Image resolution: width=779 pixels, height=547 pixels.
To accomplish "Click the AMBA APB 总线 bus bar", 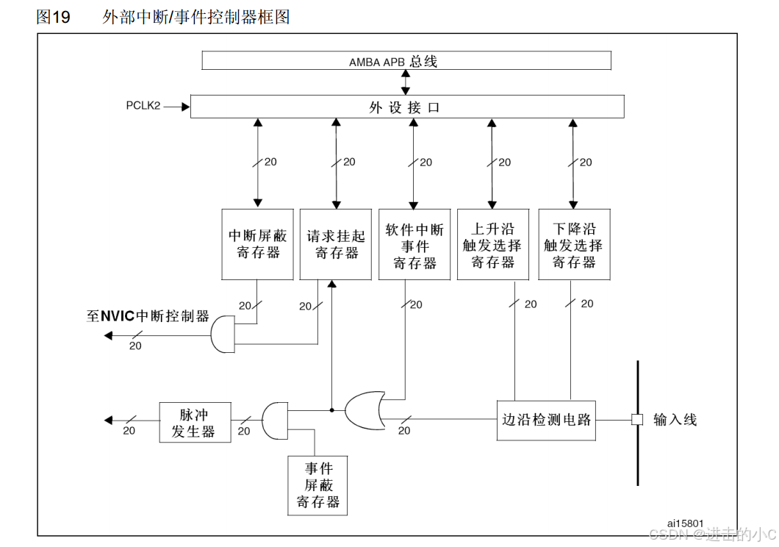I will pyautogui.click(x=406, y=61).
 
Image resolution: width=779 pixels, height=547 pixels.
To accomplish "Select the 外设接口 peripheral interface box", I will pyautogui.click(x=406, y=107).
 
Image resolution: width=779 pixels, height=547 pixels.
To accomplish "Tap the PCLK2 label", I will pyautogui.click(x=143, y=106).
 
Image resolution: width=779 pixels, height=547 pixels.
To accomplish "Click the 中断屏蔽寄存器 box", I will pyautogui.click(x=257, y=244).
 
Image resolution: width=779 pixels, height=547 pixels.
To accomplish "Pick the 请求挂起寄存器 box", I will pyautogui.click(x=336, y=244).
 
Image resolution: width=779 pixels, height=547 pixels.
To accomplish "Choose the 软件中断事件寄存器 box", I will pyautogui.click(x=414, y=244).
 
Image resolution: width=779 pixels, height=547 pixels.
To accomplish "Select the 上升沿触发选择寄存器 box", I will pyautogui.click(x=492, y=244).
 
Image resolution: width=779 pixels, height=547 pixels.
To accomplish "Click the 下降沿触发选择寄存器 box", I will pyautogui.click(x=574, y=244).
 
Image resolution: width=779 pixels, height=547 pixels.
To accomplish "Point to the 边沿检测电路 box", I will pyautogui.click(x=545, y=420).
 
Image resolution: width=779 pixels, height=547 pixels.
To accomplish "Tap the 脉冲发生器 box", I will pyautogui.click(x=195, y=422).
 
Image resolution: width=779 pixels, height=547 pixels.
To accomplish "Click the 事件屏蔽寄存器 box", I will pyautogui.click(x=317, y=485).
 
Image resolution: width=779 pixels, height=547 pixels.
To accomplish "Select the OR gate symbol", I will pyautogui.click(x=365, y=410).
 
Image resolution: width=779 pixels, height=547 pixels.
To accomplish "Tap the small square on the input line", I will pyautogui.click(x=637, y=420).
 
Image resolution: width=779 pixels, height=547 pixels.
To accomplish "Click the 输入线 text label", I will pyautogui.click(x=674, y=420).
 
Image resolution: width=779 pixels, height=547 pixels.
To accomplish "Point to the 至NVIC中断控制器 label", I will pyautogui.click(x=148, y=317).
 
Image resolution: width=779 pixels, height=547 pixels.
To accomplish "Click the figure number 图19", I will pyautogui.click(x=53, y=17).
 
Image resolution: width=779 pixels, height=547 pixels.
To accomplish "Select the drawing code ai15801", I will pyautogui.click(x=685, y=523).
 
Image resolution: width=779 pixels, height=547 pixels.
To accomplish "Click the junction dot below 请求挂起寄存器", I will pyautogui.click(x=331, y=410).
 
